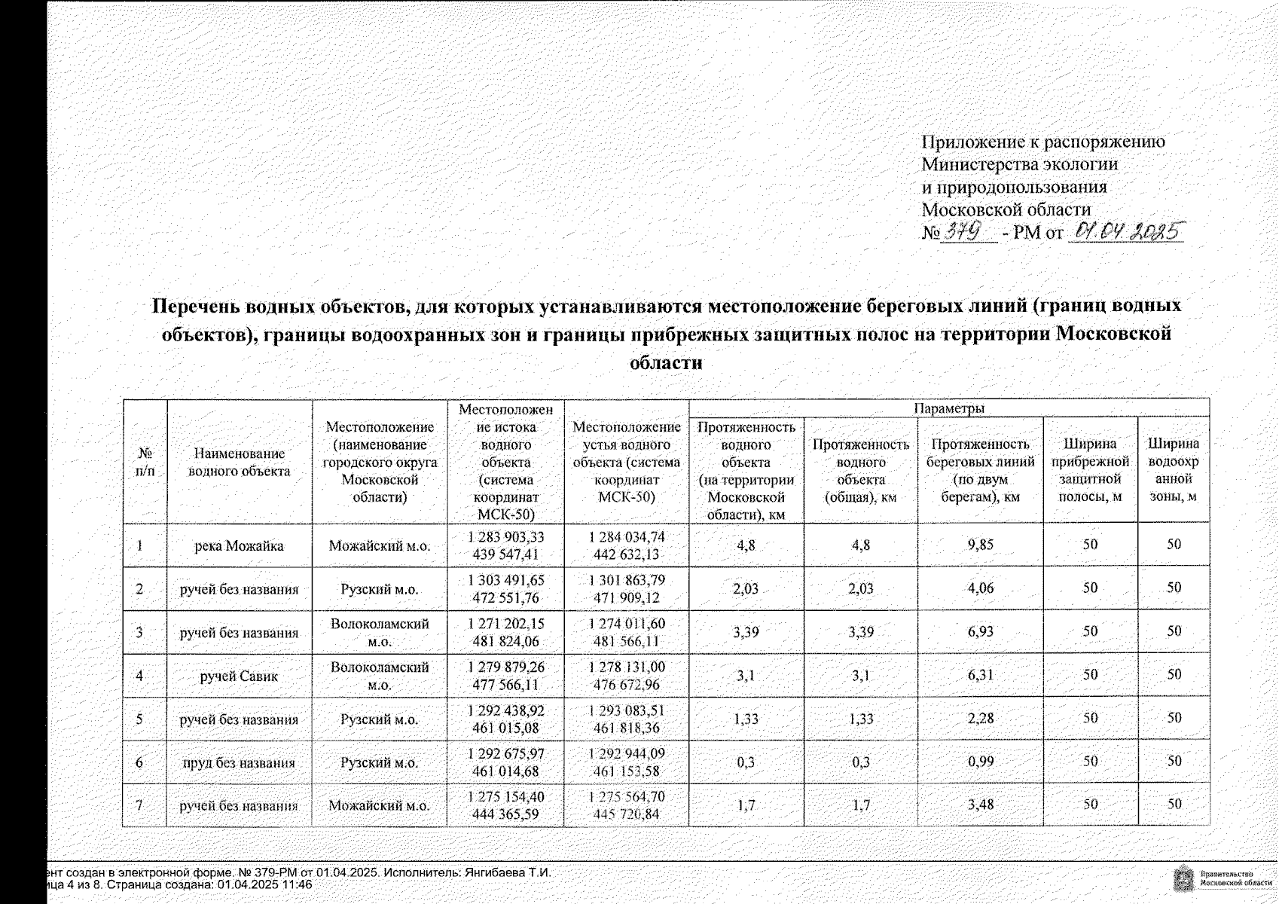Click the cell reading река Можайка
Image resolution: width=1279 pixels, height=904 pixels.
point(239,545)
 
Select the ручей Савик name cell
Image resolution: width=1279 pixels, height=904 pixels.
point(239,676)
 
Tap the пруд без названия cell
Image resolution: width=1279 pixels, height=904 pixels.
point(239,762)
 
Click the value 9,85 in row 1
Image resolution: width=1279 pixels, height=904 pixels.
point(980,545)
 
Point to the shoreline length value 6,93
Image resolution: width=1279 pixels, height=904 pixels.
point(980,631)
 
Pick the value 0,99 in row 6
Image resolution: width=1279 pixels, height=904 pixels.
point(980,762)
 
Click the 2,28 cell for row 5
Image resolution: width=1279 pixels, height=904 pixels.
point(980,718)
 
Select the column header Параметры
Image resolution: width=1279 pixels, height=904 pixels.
point(948,408)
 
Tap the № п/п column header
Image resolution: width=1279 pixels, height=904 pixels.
point(145,462)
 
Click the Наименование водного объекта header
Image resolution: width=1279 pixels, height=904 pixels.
point(239,462)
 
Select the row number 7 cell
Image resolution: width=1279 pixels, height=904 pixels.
point(139,805)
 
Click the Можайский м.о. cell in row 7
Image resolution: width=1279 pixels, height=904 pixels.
point(379,805)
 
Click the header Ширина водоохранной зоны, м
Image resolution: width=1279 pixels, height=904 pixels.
point(1173,469)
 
